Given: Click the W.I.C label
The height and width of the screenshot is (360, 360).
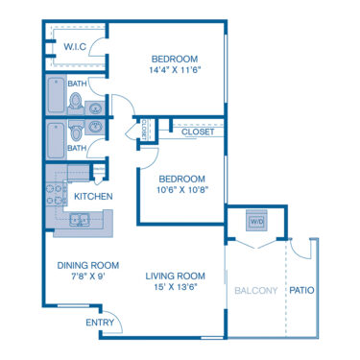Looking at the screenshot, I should tap(76, 47).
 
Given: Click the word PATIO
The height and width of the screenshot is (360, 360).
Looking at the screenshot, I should tap(302, 290).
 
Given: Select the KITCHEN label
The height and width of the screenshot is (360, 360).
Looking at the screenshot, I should tap(94, 197).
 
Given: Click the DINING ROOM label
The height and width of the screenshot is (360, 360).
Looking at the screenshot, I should tap(87, 266).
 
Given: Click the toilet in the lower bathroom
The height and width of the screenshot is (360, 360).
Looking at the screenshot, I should tap(76, 132).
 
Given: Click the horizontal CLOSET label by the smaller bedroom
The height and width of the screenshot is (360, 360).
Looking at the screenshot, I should tap(197, 132).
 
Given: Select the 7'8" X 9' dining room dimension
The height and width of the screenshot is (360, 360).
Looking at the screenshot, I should tap(87, 277).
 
